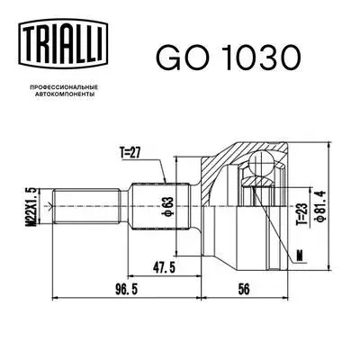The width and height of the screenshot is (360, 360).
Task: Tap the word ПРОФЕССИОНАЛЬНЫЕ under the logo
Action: point(61,85)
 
